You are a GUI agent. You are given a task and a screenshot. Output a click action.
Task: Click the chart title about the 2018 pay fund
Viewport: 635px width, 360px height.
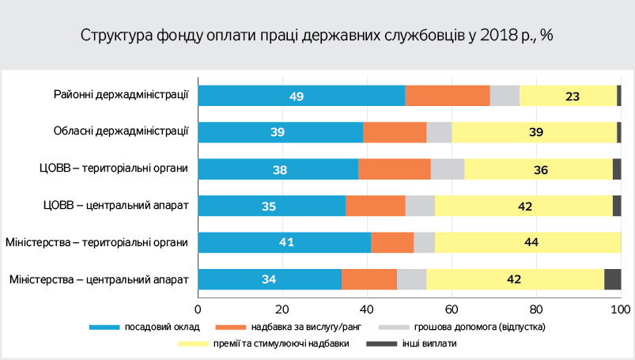(x=316, y=36)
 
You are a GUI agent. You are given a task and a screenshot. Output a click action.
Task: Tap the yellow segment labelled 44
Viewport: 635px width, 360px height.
(x=527, y=242)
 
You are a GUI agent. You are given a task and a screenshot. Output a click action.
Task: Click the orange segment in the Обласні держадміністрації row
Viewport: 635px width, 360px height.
(x=395, y=132)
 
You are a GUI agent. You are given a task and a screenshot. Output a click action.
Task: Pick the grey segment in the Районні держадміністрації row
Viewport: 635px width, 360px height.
(x=505, y=96)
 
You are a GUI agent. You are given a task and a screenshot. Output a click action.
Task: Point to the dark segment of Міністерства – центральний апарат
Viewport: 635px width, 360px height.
(x=612, y=279)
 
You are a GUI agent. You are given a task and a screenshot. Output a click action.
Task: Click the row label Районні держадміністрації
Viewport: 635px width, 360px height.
(x=121, y=96)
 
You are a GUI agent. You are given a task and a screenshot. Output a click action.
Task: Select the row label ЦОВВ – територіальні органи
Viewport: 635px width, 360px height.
(x=115, y=169)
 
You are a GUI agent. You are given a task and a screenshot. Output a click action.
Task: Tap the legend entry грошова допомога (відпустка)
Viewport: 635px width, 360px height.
(x=485, y=326)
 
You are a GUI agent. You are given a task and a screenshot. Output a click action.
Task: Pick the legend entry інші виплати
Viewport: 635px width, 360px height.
(x=430, y=343)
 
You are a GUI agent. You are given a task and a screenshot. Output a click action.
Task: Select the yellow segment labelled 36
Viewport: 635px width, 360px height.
(x=538, y=169)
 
